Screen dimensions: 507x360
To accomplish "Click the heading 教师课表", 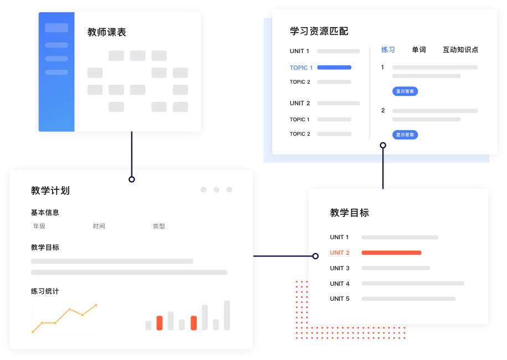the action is (x=107, y=32).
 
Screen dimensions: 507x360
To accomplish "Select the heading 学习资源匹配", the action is (x=319, y=31).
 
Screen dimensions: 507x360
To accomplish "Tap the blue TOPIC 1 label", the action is (x=301, y=68).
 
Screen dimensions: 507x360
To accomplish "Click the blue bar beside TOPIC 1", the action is (x=334, y=68).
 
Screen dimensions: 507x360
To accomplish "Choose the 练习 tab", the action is (x=388, y=50).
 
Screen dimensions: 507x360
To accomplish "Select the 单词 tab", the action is (x=419, y=50).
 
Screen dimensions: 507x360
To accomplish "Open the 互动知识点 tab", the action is (x=460, y=50).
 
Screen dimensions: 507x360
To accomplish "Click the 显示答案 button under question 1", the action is (x=405, y=91).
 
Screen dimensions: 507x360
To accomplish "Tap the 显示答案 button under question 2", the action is (x=405, y=135).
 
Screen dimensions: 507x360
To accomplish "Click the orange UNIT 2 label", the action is (x=340, y=253).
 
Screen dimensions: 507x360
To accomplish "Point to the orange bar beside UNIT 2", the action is (x=391, y=253).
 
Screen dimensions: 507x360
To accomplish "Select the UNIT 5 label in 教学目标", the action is (x=340, y=299).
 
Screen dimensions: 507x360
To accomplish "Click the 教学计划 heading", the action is (x=50, y=191).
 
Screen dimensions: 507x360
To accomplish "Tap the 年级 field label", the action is (x=39, y=226).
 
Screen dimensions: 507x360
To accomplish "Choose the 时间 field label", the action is (x=99, y=226).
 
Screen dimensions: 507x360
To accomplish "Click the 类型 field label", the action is (x=159, y=226).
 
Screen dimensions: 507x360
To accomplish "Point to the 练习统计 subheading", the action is (x=45, y=291).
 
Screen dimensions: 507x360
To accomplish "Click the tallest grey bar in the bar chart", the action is (x=227, y=315).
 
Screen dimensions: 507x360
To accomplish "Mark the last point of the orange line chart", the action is (x=96, y=305).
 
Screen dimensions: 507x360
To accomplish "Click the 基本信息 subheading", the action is (x=45, y=213).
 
